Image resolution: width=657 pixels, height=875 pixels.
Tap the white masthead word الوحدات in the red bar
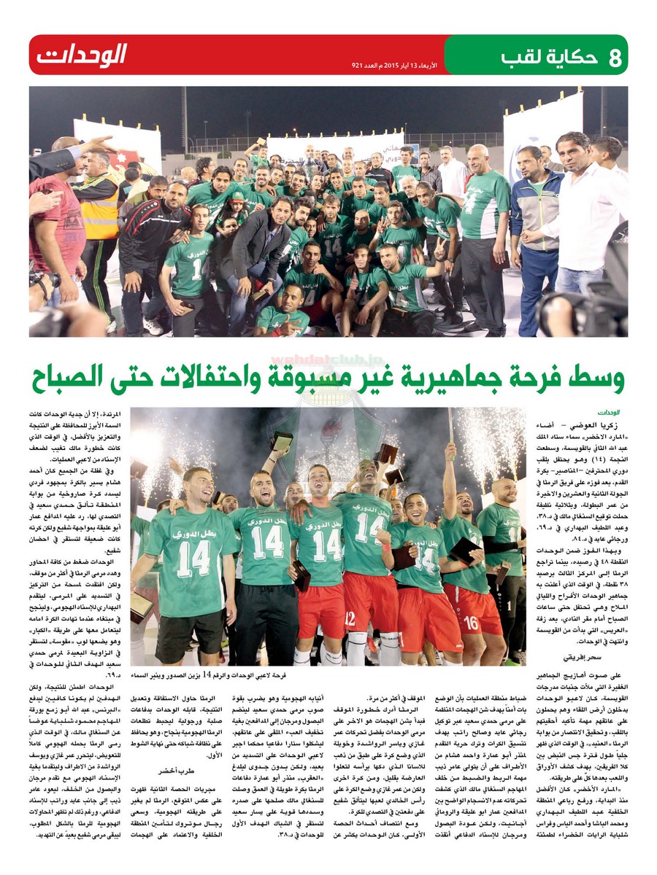coord(82,55)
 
